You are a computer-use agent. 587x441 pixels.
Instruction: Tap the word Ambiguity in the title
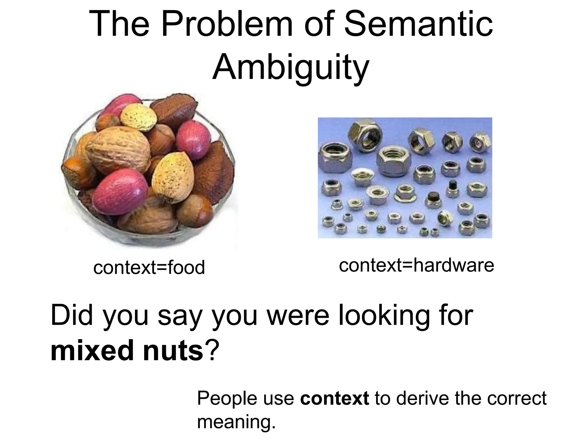click(x=291, y=67)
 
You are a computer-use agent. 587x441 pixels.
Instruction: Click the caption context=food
click(x=149, y=267)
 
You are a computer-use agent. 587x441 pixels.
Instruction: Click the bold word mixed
click(x=92, y=350)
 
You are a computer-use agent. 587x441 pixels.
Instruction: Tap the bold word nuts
click(x=173, y=350)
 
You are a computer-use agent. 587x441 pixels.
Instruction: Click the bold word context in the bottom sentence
click(x=334, y=398)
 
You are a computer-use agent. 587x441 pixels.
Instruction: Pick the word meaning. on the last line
click(x=236, y=422)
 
